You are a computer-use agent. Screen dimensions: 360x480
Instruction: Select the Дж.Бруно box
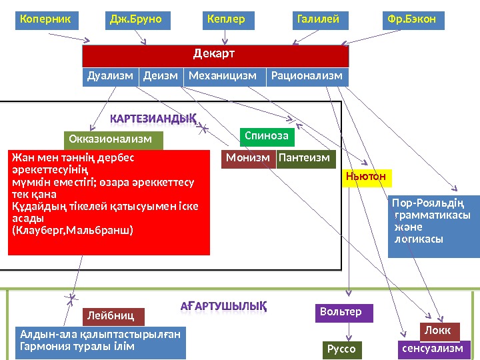pyautogui.click(x=139, y=21)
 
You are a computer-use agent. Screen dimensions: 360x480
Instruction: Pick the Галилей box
pyautogui.click(x=321, y=21)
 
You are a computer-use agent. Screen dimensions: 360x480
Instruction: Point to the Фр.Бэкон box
pyautogui.click(x=414, y=21)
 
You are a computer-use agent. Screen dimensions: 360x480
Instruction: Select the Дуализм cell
pyautogui.click(x=111, y=77)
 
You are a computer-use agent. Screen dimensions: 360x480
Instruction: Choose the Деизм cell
pyautogui.click(x=161, y=77)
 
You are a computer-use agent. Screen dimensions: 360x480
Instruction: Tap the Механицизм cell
pyautogui.click(x=223, y=77)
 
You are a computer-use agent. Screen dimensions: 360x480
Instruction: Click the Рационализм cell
pyautogui.click(x=307, y=77)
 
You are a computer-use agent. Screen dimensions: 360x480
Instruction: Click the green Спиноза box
pyautogui.click(x=267, y=137)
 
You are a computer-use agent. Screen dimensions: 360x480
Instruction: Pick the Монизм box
pyautogui.click(x=248, y=159)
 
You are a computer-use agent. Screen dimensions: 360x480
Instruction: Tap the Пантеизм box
pyautogui.click(x=304, y=159)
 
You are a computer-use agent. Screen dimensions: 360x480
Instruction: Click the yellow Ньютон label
pyautogui.click(x=366, y=178)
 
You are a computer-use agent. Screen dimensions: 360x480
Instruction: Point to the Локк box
pyautogui.click(x=439, y=331)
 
